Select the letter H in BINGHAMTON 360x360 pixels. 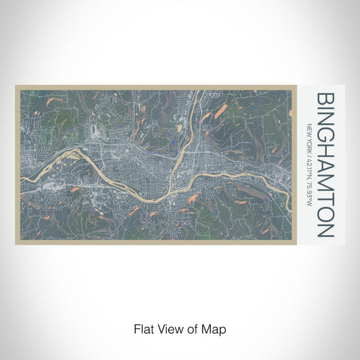pos(325,153)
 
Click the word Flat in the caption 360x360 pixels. pos(143,328)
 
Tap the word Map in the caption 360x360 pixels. pos(214,328)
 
